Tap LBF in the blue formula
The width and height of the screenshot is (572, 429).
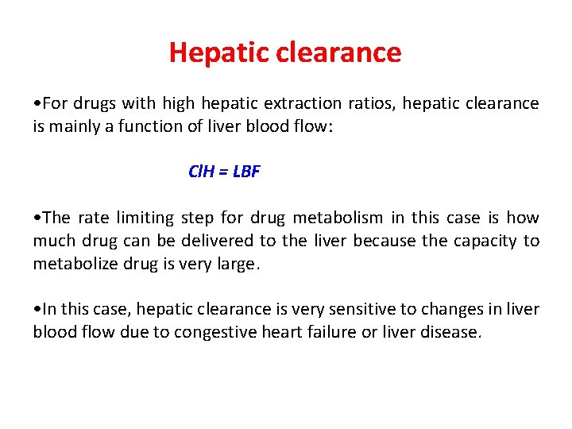246,172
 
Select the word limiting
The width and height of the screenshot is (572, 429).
147,218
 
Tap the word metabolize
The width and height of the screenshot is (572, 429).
75,263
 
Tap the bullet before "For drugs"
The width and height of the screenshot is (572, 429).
37,104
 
